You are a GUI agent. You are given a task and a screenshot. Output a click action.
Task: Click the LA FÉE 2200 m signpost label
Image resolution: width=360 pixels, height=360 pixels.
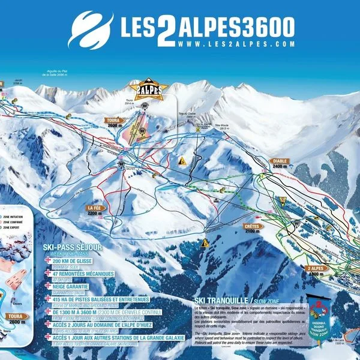tap(95, 209)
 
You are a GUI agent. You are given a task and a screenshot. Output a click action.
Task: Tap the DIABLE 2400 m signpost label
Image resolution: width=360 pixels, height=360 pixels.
tap(280, 163)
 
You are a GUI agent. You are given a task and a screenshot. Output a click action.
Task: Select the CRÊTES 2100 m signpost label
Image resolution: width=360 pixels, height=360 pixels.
tap(253, 227)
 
